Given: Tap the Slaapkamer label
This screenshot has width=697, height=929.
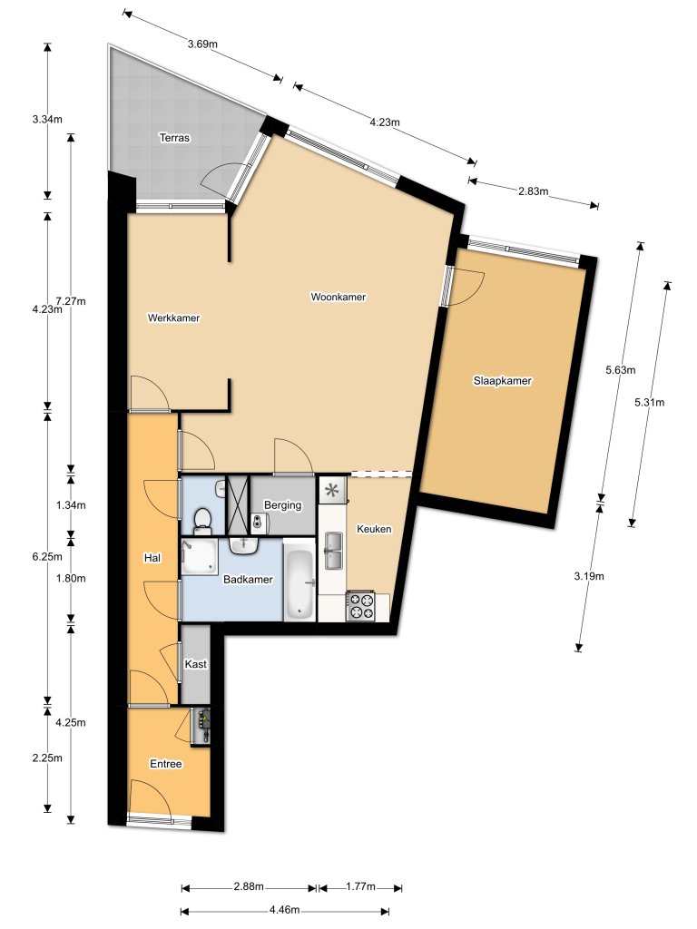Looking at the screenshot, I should point(502,381).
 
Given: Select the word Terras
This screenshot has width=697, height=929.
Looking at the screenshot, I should point(173,138).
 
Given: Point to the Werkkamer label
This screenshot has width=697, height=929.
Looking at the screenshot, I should point(173,318).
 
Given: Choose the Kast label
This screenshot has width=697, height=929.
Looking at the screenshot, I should point(195,664).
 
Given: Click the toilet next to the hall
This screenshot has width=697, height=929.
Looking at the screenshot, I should point(203,520).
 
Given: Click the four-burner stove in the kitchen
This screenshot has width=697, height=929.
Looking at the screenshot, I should point(361,606).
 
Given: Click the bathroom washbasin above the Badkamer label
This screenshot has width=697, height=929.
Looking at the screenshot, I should point(244,546).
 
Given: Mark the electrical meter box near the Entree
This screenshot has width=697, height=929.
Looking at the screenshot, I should point(204,725).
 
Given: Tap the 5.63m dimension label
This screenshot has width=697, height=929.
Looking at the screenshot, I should point(621,369).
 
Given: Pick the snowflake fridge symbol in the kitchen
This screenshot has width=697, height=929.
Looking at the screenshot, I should point(332,492).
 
